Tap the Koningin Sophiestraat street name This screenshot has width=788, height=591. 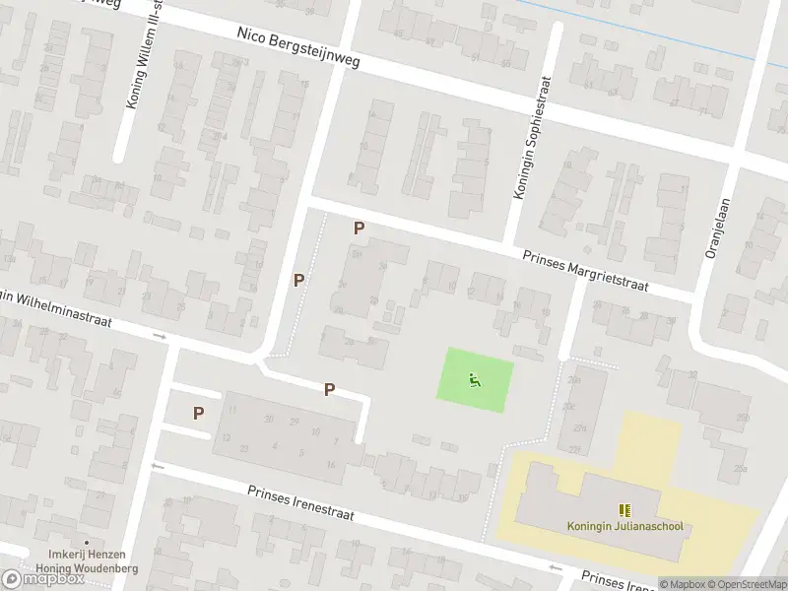pyautogui.click(x=529, y=141)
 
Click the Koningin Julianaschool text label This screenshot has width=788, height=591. pyautogui.click(x=624, y=525)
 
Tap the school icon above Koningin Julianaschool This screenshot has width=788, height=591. pyautogui.click(x=624, y=509)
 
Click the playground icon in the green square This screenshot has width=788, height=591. pyautogui.click(x=475, y=379)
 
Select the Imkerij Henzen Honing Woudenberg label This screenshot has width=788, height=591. pyautogui.click(x=87, y=562)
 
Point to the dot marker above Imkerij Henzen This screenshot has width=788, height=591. pyautogui.click(x=87, y=542)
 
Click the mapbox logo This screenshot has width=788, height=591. pyautogui.click(x=44, y=578)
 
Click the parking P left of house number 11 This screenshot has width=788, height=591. pyautogui.click(x=199, y=414)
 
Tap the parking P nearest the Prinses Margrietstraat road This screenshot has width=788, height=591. pyautogui.click(x=360, y=228)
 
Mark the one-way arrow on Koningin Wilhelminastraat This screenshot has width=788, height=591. pyautogui.click(x=161, y=337)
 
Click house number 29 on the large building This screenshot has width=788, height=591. pyautogui.click(x=294, y=421)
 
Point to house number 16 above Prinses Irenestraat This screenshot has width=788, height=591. pyautogui.click(x=332, y=465)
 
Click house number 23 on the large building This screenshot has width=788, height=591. pyautogui.click(x=244, y=447)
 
